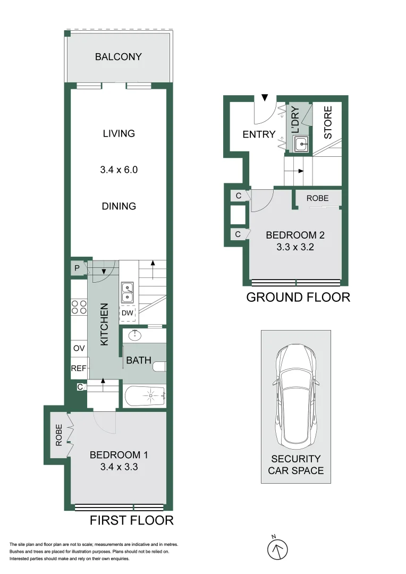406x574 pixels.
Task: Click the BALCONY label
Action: (x=119, y=56)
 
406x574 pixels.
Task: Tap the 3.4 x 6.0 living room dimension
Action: (x=119, y=170)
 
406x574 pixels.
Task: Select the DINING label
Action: (x=119, y=206)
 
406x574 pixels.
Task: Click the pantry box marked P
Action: (x=77, y=268)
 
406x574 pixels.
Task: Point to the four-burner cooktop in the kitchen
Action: (x=79, y=307)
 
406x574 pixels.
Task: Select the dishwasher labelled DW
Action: (x=127, y=314)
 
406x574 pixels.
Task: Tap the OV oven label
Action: (x=79, y=348)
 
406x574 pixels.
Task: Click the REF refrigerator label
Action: (x=79, y=368)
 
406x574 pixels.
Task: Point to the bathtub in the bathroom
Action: (x=145, y=396)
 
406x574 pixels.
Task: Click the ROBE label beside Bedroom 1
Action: (x=59, y=435)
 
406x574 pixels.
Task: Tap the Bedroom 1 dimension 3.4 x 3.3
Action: (x=119, y=467)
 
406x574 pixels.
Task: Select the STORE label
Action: (x=328, y=123)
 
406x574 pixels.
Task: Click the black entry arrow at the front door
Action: (x=265, y=98)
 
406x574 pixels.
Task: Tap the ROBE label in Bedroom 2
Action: (x=317, y=198)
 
